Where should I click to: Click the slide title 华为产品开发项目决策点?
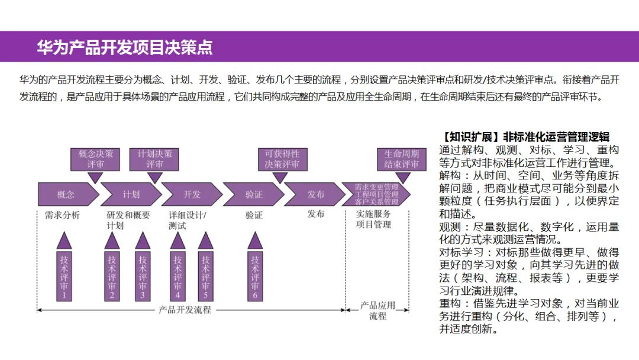click(x=125, y=47)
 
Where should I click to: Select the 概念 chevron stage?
click(x=67, y=194)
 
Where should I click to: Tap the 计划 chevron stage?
click(x=131, y=194)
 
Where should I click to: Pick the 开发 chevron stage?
click(x=192, y=194)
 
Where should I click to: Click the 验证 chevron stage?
click(x=254, y=194)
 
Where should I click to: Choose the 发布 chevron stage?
click(x=315, y=194)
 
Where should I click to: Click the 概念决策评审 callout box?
click(x=95, y=159)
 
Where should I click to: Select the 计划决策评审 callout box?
click(x=154, y=159)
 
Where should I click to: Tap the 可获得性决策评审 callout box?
click(x=282, y=159)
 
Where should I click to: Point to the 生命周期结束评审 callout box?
click(x=402, y=159)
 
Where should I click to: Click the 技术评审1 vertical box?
click(x=64, y=276)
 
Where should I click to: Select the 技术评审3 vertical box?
click(x=143, y=276)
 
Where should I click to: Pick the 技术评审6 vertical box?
click(x=255, y=276)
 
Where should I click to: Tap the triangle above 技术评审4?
click(x=177, y=240)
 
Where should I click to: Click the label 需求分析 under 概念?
click(x=62, y=215)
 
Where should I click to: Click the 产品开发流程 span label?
click(x=185, y=309)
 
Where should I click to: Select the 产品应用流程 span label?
click(x=377, y=311)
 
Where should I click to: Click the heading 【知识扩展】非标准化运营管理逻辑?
click(x=526, y=137)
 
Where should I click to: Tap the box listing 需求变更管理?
click(x=376, y=194)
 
